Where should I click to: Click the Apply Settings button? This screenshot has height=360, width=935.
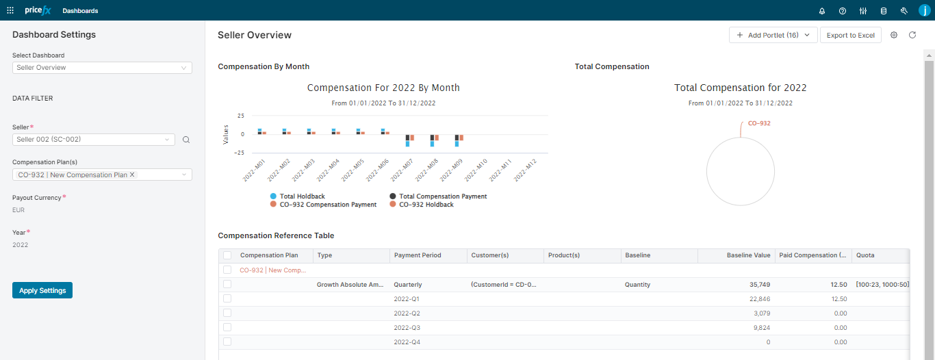[42, 290]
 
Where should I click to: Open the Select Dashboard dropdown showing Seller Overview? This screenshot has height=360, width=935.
[102, 68]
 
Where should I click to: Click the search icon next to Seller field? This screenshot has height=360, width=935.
[186, 140]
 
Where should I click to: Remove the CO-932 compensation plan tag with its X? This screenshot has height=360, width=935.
[133, 175]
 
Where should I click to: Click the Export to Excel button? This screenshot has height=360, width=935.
[850, 36]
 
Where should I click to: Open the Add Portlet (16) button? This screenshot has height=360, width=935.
[773, 36]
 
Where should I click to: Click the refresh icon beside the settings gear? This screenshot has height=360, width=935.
[912, 35]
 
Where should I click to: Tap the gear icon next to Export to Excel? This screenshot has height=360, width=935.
[894, 35]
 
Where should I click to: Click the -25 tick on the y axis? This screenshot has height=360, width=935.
[240, 153]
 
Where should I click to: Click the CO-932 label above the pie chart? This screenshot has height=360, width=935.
[759, 124]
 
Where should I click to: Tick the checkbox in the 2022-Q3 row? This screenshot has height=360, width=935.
[227, 327]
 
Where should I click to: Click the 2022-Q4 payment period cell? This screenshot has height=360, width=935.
[407, 342]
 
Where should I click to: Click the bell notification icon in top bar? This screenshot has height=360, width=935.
[822, 11]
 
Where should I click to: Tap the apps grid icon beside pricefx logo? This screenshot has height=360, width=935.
[10, 11]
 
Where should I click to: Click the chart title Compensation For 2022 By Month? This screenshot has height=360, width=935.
[383, 88]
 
